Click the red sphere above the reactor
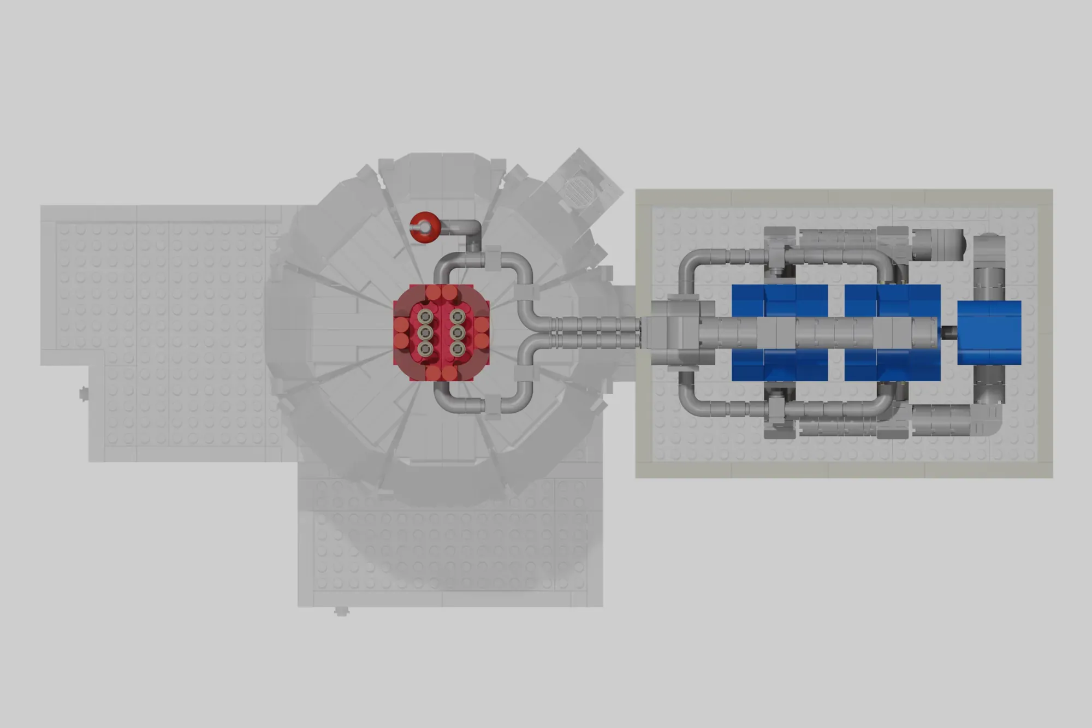pyautogui.click(x=424, y=226)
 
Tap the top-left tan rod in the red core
pyautogui.click(x=425, y=317)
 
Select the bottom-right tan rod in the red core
pyautogui.click(x=458, y=348)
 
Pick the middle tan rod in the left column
pyautogui.click(x=425, y=333)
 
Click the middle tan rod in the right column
pyautogui.click(x=458, y=333)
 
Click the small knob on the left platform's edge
pyautogui.click(x=84, y=393)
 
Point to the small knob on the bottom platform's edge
pyautogui.click(x=341, y=611)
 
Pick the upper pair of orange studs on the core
pyautogui.click(x=441, y=293)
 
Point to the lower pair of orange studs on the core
pyautogui.click(x=441, y=374)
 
